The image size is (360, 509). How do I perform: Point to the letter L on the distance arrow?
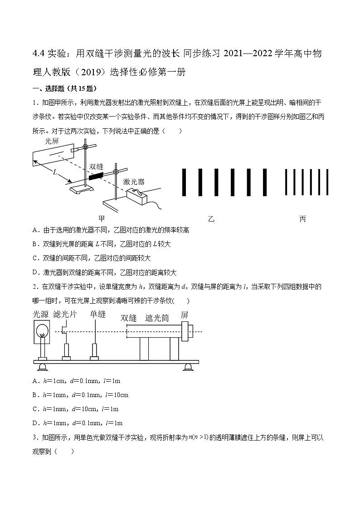pos(55,172)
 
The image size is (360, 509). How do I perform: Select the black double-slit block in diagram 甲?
pos(96,176)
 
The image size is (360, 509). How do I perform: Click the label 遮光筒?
pos(157,318)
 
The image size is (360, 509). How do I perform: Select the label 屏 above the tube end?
pos(185,315)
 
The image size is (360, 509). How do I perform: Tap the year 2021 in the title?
pos(234,54)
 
